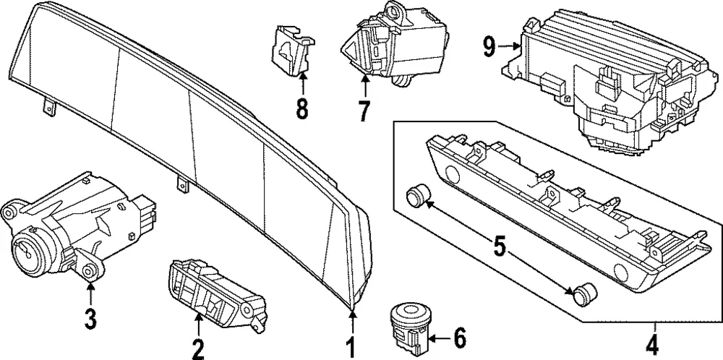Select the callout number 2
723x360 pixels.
coord(198,350)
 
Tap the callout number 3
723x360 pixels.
coord(90,319)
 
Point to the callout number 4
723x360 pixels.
coord(654,344)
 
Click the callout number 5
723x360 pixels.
coord(500,247)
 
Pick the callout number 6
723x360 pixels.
coord(459,339)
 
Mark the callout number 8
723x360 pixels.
coord(302,109)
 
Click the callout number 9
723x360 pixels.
coord(489,47)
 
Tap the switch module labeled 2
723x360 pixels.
coord(217,294)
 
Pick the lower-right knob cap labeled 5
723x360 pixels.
coord(583,292)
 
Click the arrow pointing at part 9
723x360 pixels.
coord(510,46)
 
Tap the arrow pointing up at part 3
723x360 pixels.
coord(90,293)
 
